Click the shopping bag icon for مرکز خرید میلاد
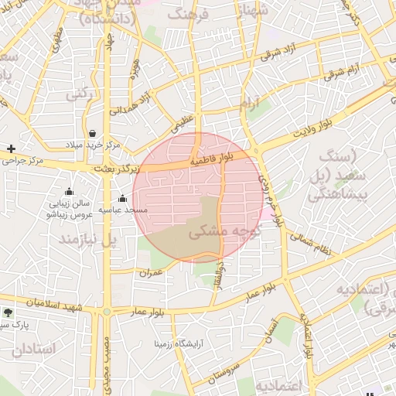93,133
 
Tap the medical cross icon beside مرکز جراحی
11,148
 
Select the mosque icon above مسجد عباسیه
122,199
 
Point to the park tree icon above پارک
8,312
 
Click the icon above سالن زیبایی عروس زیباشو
69,192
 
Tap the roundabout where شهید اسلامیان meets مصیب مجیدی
106,311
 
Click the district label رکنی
79,94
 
